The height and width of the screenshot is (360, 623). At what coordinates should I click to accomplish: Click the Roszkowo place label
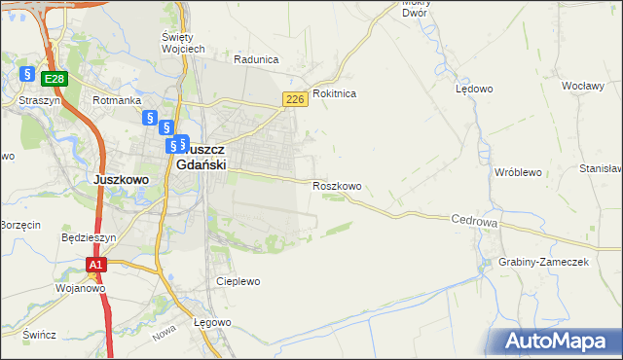tap(337, 186)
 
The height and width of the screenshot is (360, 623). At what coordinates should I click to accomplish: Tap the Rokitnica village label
tap(335, 93)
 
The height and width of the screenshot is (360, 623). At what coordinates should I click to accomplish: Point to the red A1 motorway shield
tap(95, 264)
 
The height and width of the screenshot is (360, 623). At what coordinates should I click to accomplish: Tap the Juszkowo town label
tap(120, 179)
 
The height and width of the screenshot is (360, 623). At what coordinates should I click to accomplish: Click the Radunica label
tap(256, 58)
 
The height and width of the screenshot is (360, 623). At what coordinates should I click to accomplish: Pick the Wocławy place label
tap(583, 86)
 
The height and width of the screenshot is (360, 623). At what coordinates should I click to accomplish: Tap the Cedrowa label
tap(475, 222)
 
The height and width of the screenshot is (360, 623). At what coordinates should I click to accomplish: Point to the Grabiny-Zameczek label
tap(543, 263)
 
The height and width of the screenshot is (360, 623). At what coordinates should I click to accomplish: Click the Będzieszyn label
tap(89, 236)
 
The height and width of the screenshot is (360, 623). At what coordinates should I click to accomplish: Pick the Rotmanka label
tap(117, 100)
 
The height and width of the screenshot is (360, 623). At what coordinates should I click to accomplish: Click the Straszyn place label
tap(39, 100)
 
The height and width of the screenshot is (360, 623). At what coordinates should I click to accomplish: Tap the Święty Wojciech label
tap(183, 42)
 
